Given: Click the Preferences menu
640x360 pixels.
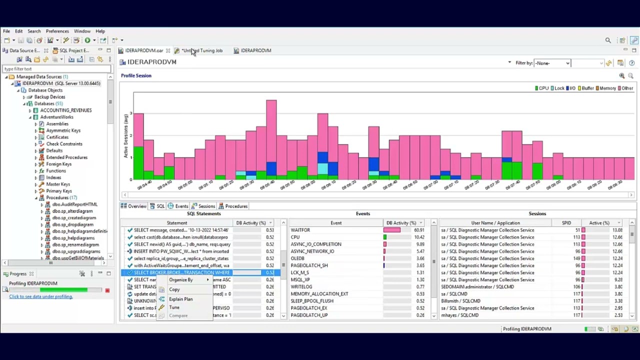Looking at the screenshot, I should click(57, 31).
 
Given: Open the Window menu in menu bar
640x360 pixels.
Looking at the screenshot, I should click(82, 31).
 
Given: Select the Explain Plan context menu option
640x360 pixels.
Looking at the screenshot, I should click(180, 299).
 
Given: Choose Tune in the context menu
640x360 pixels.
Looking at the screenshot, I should click(174, 307).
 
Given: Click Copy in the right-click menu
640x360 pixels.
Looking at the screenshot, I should click(174, 289).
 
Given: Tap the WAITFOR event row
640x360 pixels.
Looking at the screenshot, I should click(300, 230).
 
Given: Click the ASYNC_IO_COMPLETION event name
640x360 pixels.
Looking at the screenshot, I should click(316, 244).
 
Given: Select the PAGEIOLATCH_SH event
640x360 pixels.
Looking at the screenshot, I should click(309, 265).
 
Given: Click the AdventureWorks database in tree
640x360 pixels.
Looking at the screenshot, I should click(56, 117).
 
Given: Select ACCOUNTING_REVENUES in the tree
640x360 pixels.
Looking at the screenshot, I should click(65, 110).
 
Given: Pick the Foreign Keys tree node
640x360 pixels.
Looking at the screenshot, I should click(58, 164).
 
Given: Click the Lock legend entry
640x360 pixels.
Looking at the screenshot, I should click(558, 88).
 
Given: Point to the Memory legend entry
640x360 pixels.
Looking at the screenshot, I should click(607, 88).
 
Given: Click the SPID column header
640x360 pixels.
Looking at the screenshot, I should click(566, 223).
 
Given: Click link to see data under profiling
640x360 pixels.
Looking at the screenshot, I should click(40, 296).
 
